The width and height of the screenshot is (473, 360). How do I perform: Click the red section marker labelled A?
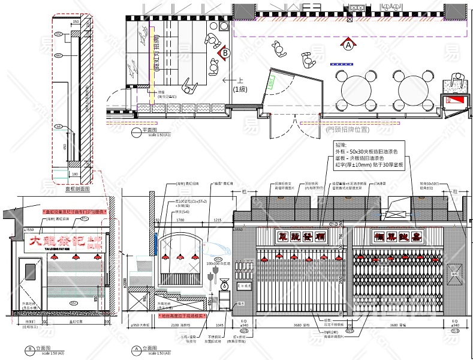348,44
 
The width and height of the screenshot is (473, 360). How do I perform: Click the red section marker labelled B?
225,53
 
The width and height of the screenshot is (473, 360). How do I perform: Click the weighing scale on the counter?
224,281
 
